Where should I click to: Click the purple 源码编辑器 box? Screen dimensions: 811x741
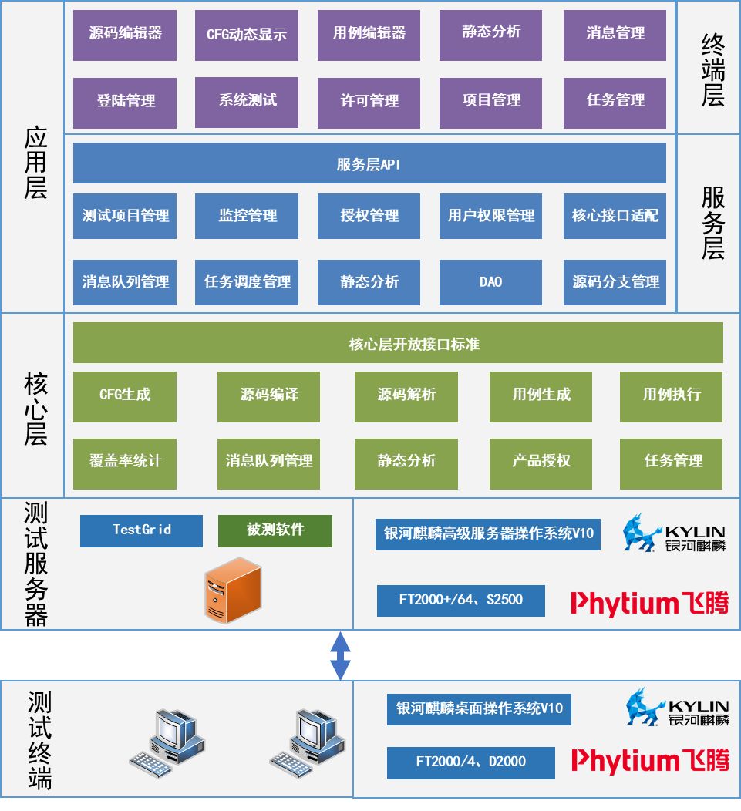coord(125,35)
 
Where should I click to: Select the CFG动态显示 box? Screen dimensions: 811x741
coord(247,35)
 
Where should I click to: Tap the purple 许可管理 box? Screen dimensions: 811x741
coord(369,102)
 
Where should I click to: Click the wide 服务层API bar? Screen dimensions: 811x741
coord(369,163)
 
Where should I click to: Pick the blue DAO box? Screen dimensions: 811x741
coord(490,282)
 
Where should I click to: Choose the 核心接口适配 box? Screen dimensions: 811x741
coord(615,216)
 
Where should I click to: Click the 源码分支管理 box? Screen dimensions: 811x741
coord(615,282)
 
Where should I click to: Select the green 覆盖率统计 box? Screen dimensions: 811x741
coord(125,461)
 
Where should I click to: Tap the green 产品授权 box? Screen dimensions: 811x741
coord(541,461)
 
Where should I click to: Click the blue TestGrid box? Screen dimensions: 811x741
coord(141,530)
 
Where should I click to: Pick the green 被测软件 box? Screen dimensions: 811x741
coord(275,530)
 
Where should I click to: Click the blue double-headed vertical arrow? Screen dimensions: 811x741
coord(340,655)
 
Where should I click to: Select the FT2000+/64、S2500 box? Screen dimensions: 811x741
coord(460,601)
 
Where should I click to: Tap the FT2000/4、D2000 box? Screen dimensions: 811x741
coord(470,762)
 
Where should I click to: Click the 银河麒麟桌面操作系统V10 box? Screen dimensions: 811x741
coord(479,708)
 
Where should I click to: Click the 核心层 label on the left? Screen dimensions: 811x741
coord(35,409)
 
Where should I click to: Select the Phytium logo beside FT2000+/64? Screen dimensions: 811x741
coord(649,603)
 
